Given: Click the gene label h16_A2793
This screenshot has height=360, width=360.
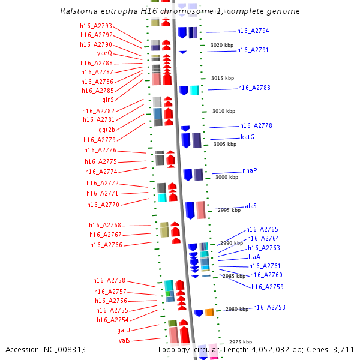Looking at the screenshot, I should tap(96, 26).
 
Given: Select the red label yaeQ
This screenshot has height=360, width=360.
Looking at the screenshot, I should tap(104, 53).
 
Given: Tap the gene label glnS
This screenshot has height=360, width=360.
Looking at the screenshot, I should tap(108, 100).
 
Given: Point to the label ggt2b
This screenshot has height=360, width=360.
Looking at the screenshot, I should tap(107, 130).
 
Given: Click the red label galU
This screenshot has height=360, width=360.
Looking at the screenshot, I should tap(124, 330).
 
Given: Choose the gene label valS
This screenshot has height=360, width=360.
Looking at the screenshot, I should tap(124, 340).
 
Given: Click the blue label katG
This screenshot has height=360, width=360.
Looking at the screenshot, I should tap(248, 137).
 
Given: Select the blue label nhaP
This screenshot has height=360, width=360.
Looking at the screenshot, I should tap(250, 170).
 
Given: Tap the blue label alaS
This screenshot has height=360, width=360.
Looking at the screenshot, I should tap(251, 206).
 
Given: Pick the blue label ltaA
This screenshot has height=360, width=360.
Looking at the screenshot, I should tap(254, 257).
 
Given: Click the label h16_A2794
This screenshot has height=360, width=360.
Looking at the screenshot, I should tap(253, 31).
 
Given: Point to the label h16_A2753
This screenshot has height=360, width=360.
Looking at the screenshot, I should tap(269, 307).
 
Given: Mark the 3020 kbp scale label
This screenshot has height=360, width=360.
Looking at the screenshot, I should tap(221, 45).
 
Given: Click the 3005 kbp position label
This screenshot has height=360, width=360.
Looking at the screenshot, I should tap(225, 144).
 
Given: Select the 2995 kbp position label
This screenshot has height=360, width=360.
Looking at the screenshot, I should tap(229, 210).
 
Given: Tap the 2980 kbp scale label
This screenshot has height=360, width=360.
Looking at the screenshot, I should tap(236, 309).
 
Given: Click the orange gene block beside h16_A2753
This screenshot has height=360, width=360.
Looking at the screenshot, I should tap(209, 313).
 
